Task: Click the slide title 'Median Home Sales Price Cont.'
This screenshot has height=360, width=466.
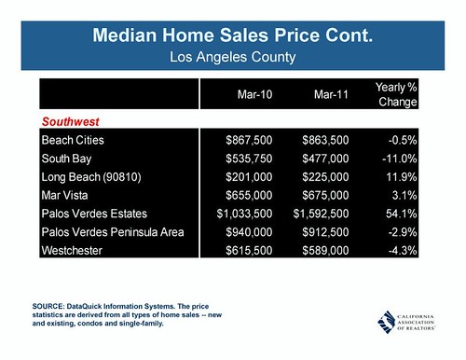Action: pyautogui.click(x=233, y=37)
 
